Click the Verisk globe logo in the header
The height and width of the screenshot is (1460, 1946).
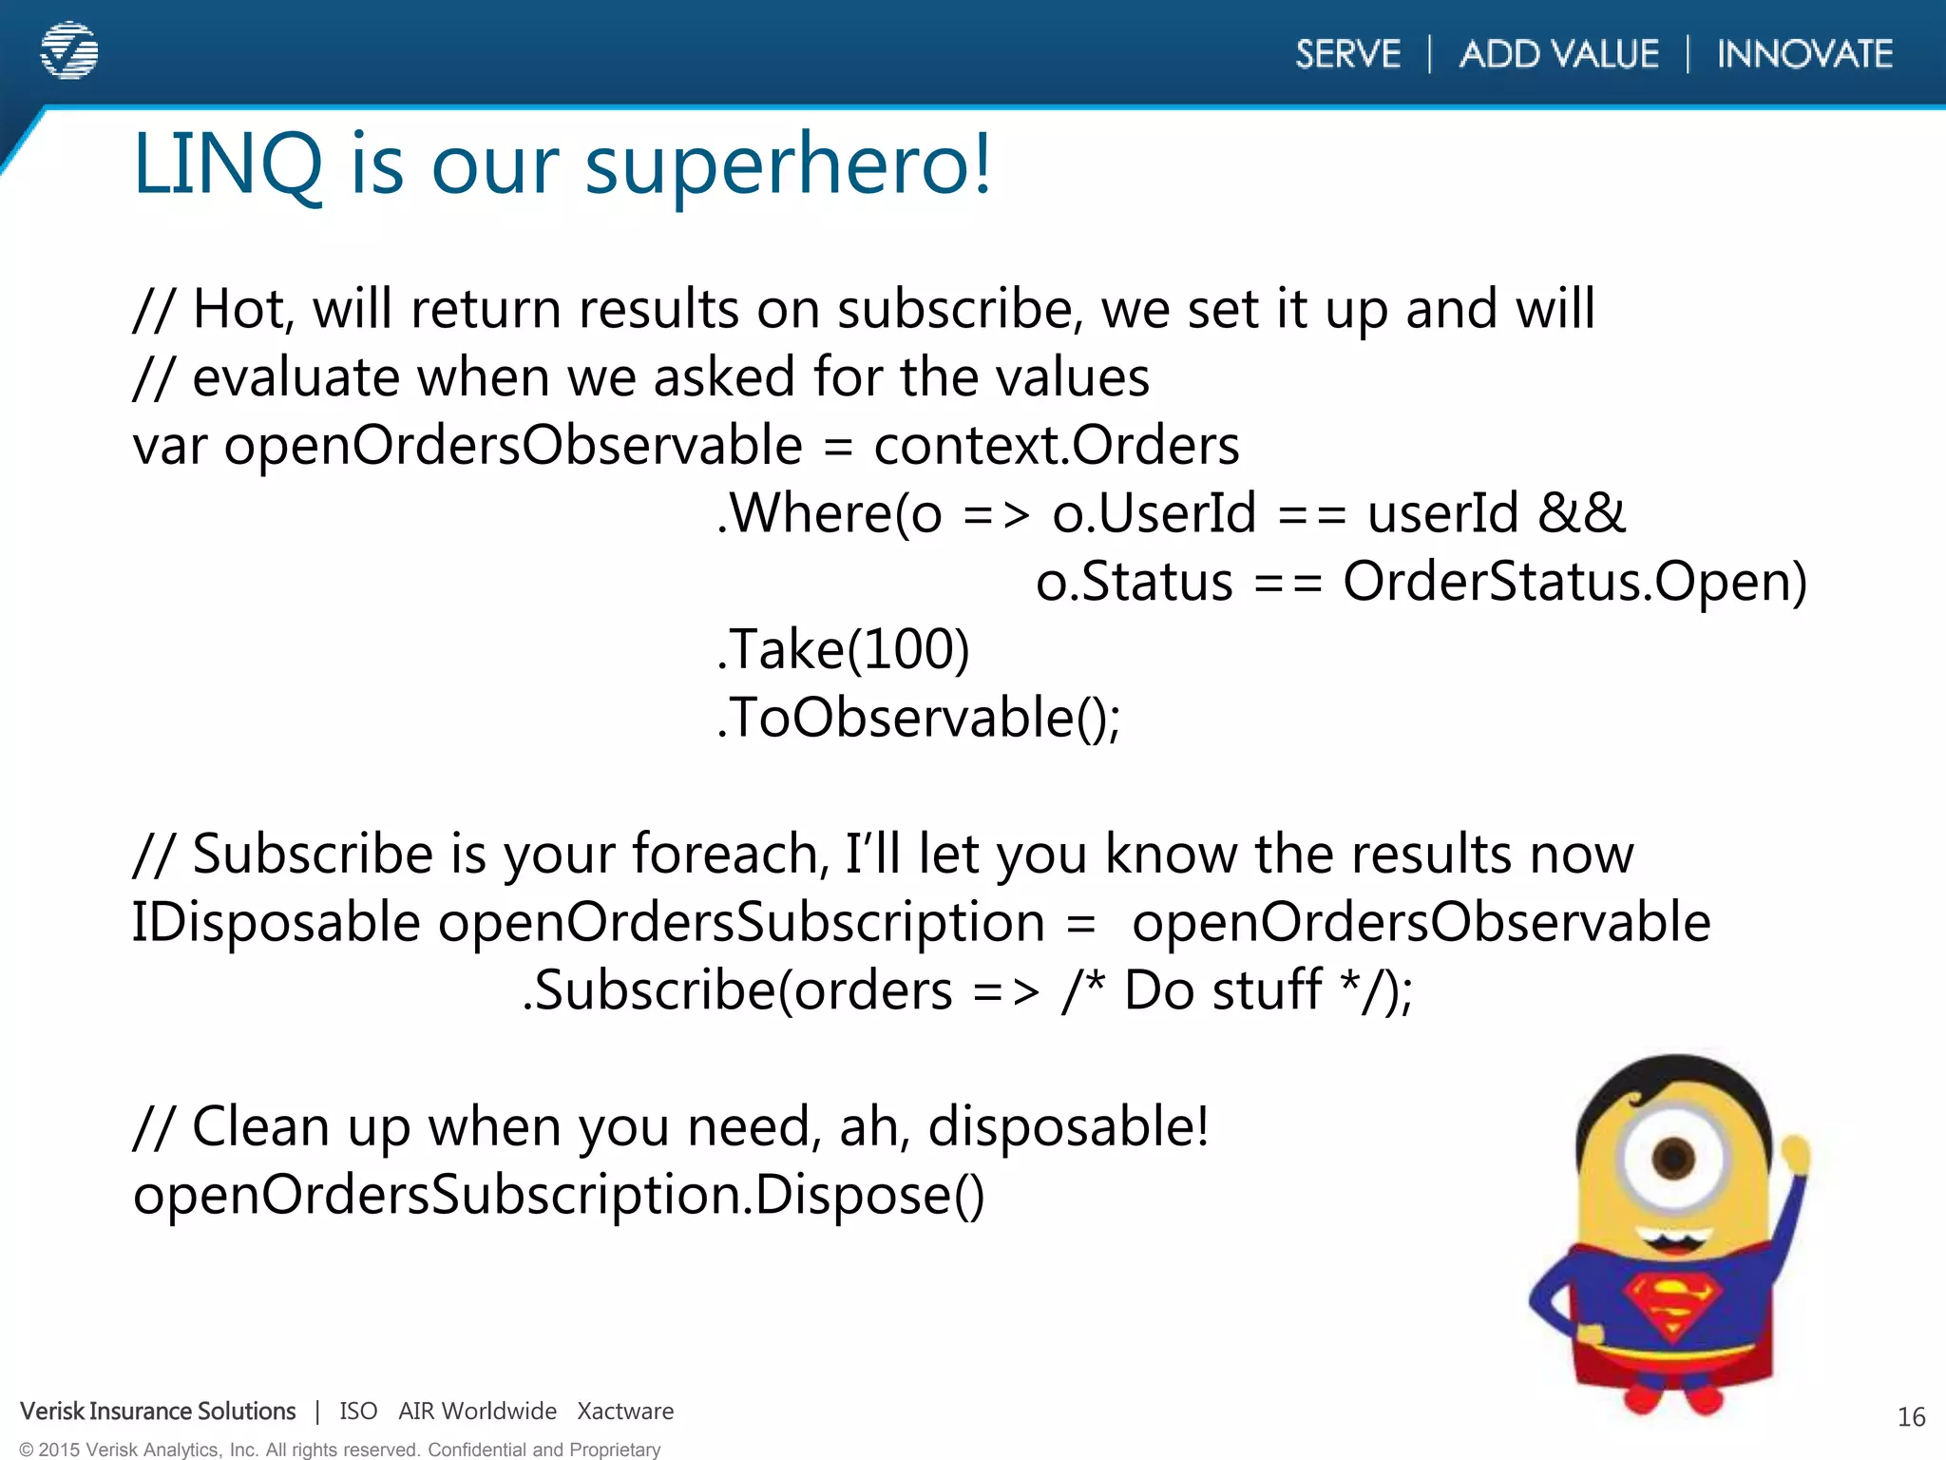coord(69,50)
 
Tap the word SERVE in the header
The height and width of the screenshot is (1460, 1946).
coord(1347,54)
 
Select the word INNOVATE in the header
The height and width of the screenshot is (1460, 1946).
coord(1804,54)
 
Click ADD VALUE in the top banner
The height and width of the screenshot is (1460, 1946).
coord(1559,54)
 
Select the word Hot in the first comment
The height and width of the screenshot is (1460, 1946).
coord(240,310)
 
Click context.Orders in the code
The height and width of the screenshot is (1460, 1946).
coord(1056,446)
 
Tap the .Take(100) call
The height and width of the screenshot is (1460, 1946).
coord(843,650)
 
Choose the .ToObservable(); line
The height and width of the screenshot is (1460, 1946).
coord(918,718)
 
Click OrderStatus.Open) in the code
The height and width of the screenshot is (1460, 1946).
coord(1574,582)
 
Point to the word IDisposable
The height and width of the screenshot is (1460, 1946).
coord(276,923)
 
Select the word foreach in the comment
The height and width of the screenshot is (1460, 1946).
coord(728,854)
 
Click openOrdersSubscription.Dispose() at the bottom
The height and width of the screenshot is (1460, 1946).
coord(559,1196)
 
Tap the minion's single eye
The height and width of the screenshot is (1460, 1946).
coord(1673,1158)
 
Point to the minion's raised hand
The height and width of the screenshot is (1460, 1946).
coord(1795,1154)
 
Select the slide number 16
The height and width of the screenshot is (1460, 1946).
coord(1911,1417)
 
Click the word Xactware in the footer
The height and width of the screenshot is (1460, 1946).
coord(625,1412)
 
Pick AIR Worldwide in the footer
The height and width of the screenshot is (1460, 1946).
coord(477,1412)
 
